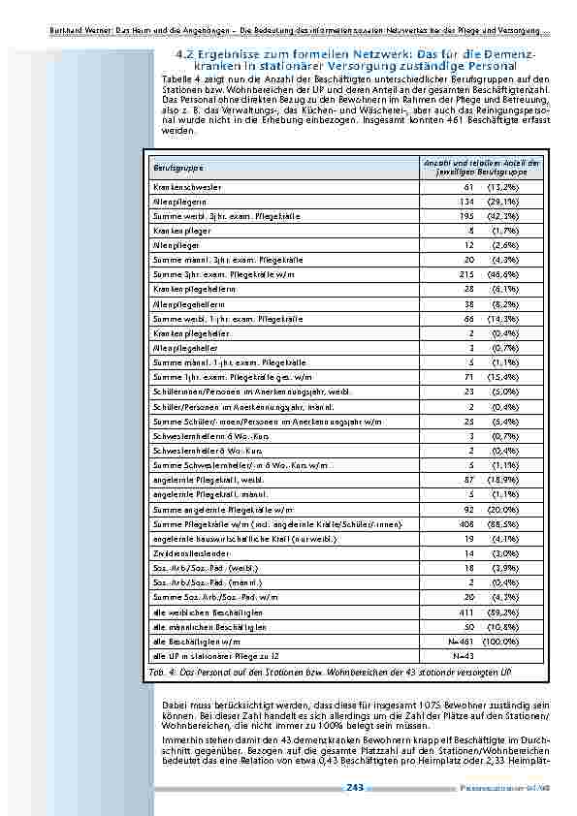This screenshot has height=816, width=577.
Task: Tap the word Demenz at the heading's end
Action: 519,55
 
